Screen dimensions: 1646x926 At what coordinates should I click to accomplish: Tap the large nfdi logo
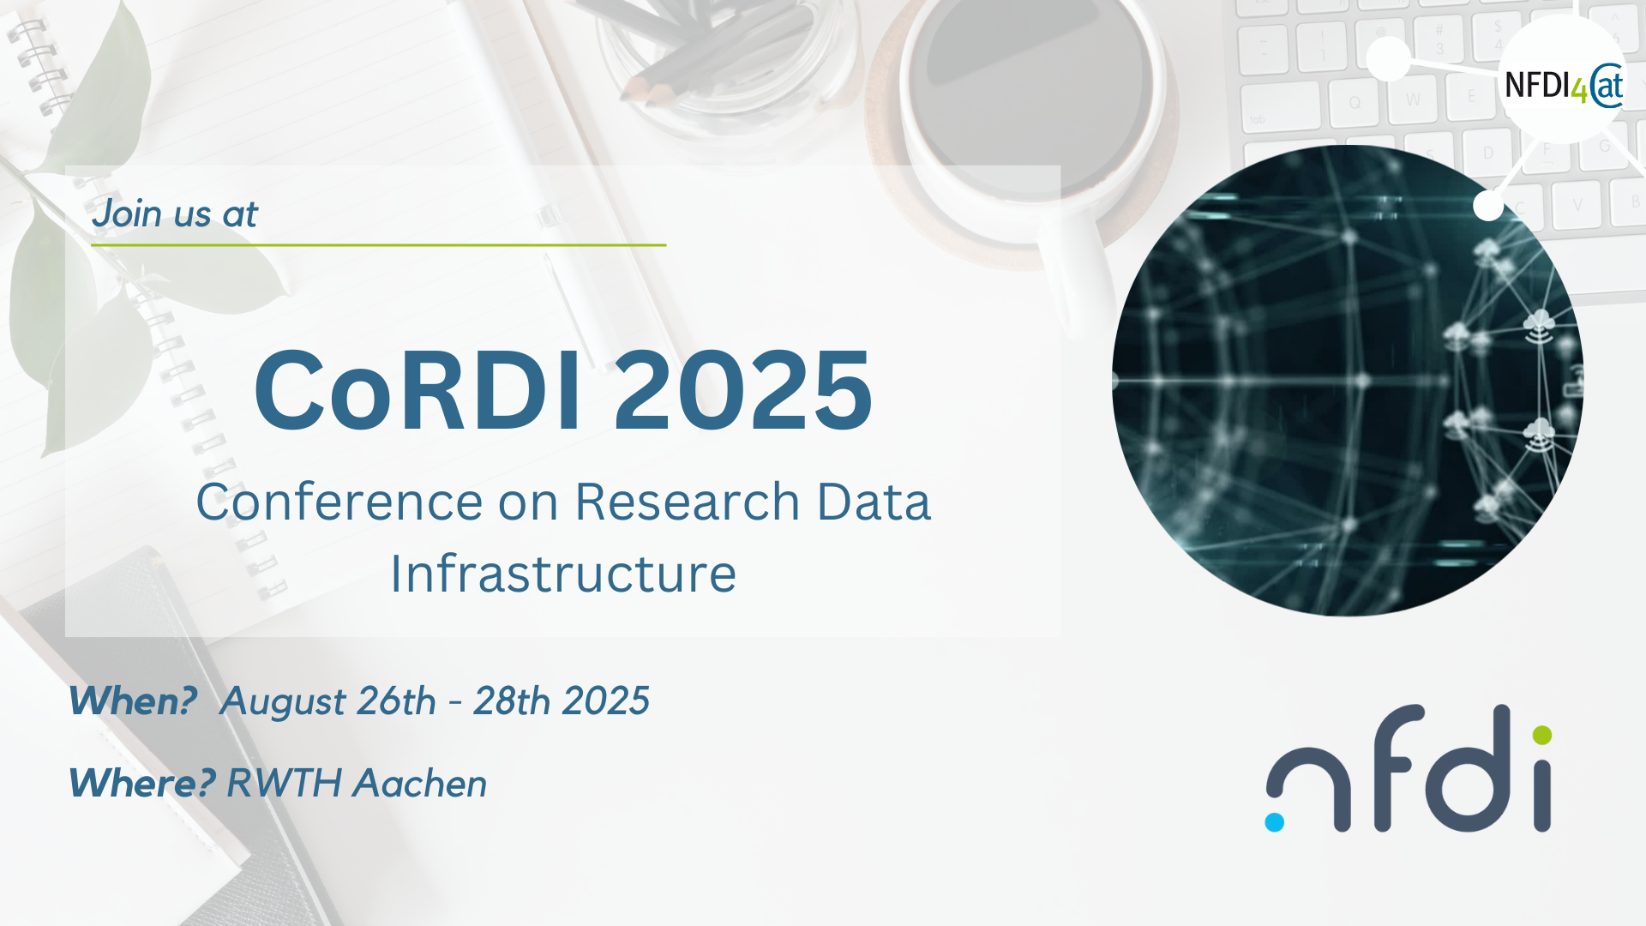[x=1409, y=768]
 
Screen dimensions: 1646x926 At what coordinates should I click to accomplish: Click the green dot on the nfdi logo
[x=1541, y=735]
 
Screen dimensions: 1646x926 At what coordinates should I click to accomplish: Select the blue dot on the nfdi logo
[x=1275, y=822]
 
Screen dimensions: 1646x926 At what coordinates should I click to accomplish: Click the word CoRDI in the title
[x=418, y=390]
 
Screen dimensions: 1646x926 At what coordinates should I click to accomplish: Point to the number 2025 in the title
[x=743, y=390]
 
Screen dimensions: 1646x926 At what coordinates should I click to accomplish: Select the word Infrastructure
[x=563, y=574]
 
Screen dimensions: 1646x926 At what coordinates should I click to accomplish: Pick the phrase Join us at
[x=175, y=213]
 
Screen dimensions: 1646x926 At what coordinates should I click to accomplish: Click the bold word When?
[x=133, y=701]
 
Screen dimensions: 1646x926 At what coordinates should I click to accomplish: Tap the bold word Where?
[x=141, y=783]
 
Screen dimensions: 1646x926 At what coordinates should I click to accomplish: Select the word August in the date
[x=284, y=702]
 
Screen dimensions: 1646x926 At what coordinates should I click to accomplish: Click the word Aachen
[x=421, y=783]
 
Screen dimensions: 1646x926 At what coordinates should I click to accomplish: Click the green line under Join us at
[x=379, y=245]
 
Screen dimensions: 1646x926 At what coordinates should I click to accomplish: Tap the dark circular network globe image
[x=1348, y=381]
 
